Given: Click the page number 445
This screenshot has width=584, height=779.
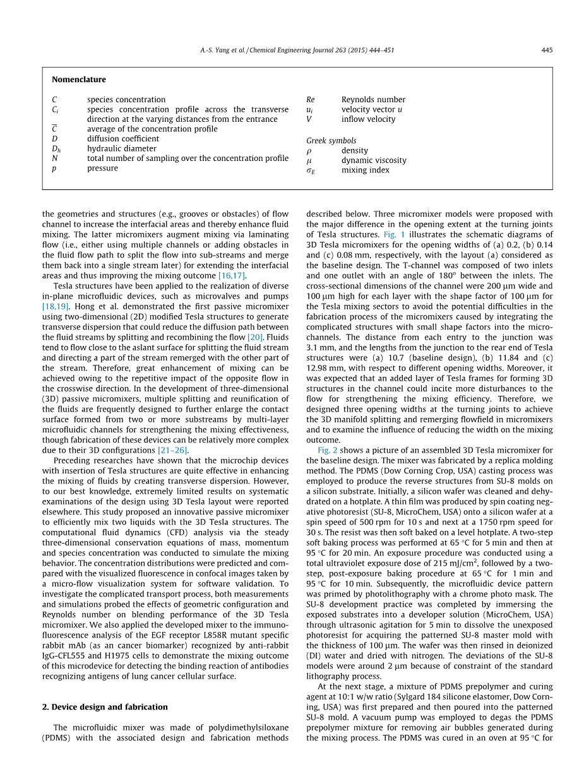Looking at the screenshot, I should pos(546,51).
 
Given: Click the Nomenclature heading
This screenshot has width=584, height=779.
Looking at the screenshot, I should pos(79,80).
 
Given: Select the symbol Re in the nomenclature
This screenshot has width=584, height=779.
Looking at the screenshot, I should pos(310,100).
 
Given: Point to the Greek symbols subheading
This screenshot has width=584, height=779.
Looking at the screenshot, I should pos(331,141).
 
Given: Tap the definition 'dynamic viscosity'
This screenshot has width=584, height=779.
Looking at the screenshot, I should pos(374,160).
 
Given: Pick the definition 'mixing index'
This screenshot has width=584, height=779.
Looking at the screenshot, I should pos(366,170).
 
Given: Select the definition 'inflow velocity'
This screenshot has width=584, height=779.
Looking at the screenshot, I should pos(368,119).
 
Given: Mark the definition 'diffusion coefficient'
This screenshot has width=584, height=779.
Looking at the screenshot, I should pos(123,139).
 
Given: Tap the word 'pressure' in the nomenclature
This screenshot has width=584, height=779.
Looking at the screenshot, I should pos(102,169).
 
